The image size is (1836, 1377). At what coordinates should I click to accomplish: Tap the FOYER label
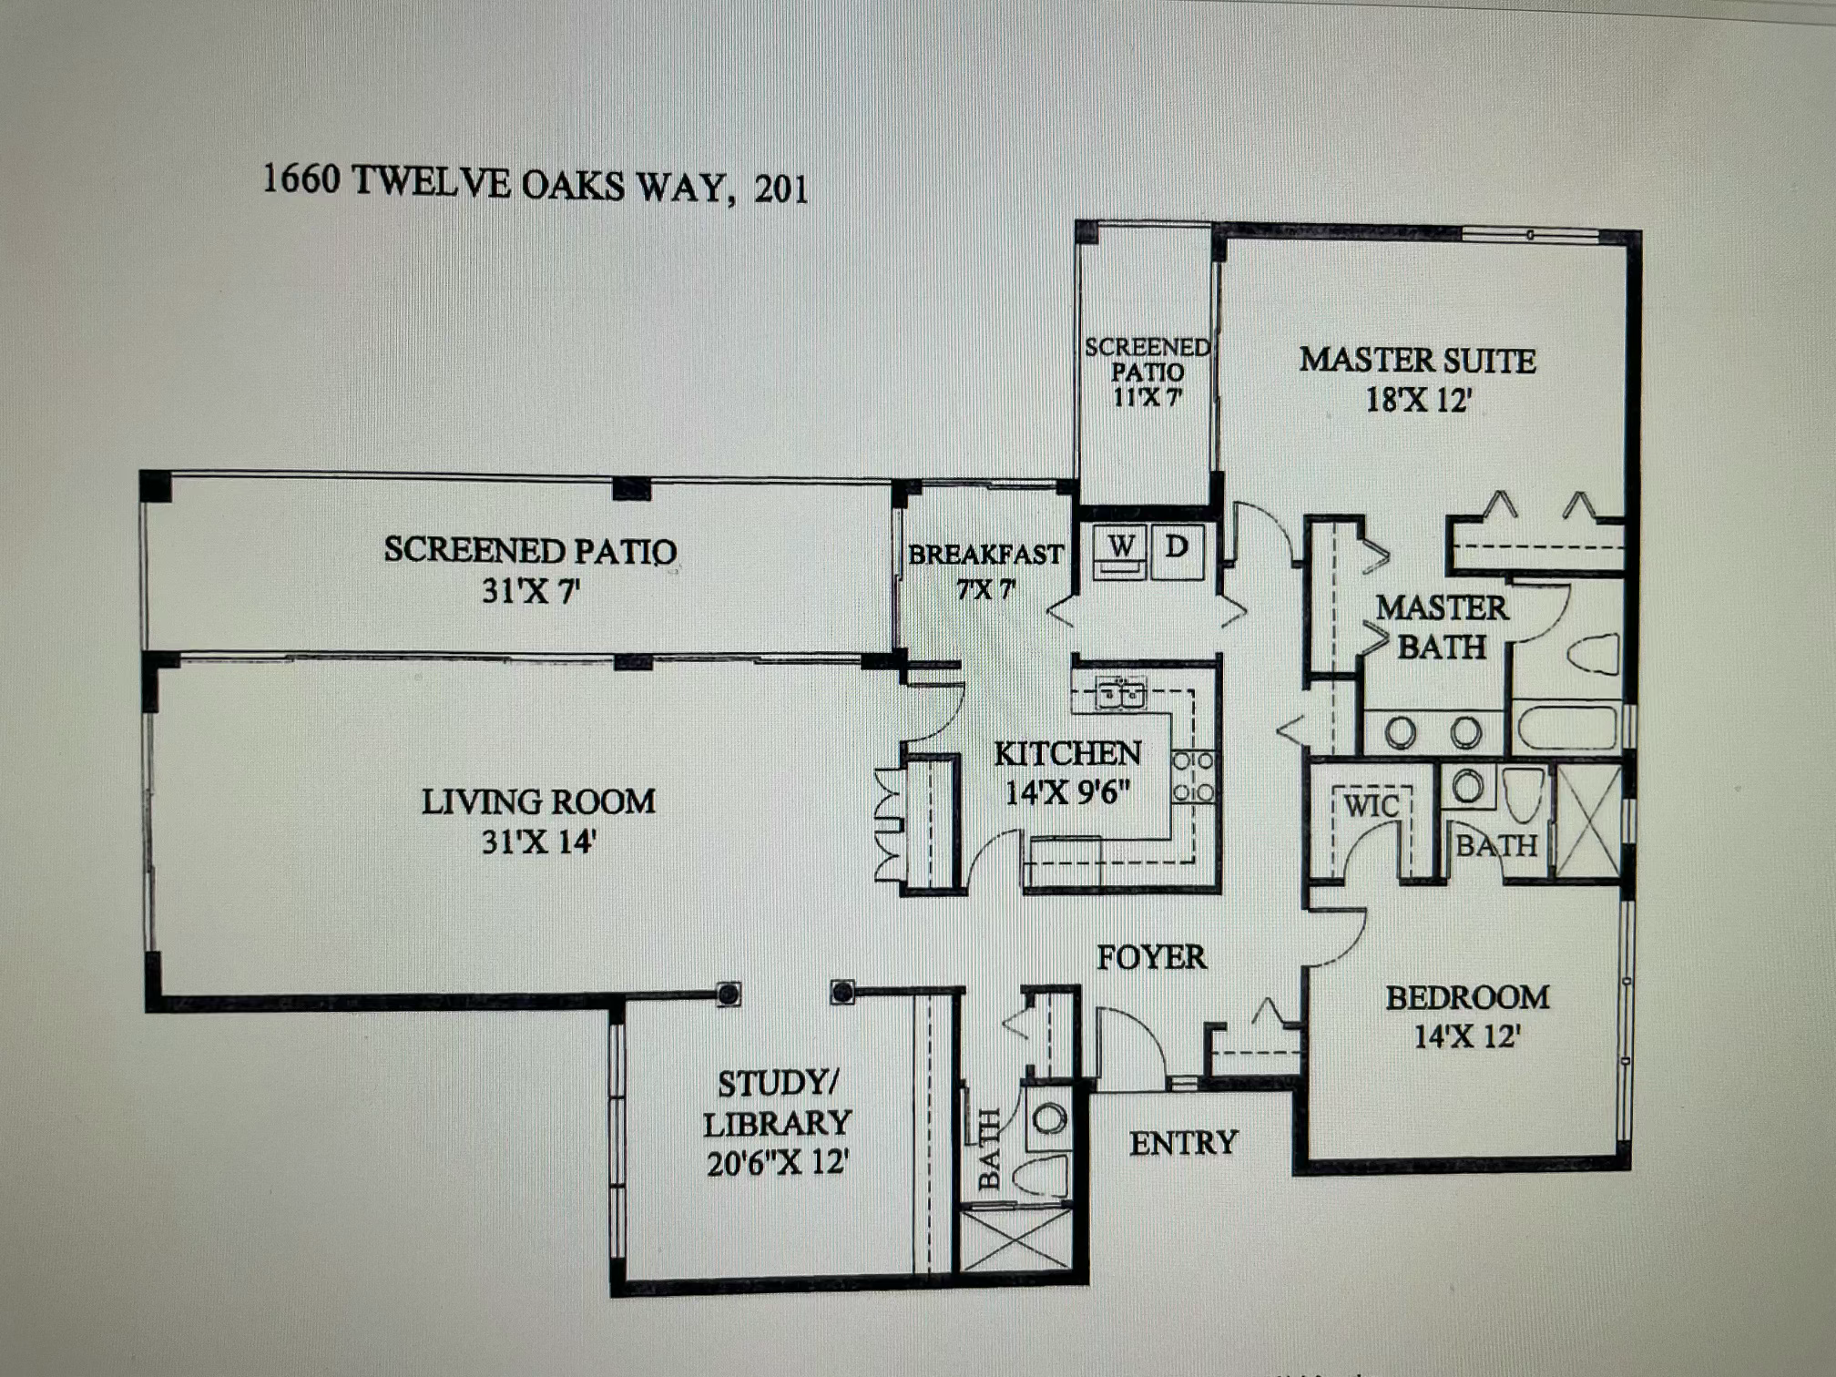[1151, 957]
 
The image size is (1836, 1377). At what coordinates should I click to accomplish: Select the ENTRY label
[1183, 1143]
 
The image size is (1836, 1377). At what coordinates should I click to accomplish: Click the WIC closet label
[1371, 806]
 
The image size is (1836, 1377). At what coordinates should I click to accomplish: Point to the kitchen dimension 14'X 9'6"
[1067, 792]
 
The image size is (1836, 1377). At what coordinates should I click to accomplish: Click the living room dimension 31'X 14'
[537, 841]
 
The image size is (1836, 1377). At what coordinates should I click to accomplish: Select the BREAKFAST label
[985, 554]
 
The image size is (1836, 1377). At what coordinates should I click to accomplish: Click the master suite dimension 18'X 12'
[1418, 400]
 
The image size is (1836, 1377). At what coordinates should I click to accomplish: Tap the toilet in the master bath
[1594, 653]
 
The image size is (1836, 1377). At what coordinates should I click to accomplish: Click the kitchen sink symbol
[1120, 694]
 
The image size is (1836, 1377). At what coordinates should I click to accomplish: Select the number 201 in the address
[780, 189]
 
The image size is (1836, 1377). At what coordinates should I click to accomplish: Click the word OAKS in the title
[572, 185]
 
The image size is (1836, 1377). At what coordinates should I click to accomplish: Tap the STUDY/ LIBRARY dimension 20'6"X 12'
[778, 1163]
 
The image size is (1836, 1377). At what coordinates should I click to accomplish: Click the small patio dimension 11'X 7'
[1147, 397]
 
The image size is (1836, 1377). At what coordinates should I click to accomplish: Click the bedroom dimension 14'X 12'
[1466, 1036]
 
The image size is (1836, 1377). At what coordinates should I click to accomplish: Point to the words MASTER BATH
[1442, 627]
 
